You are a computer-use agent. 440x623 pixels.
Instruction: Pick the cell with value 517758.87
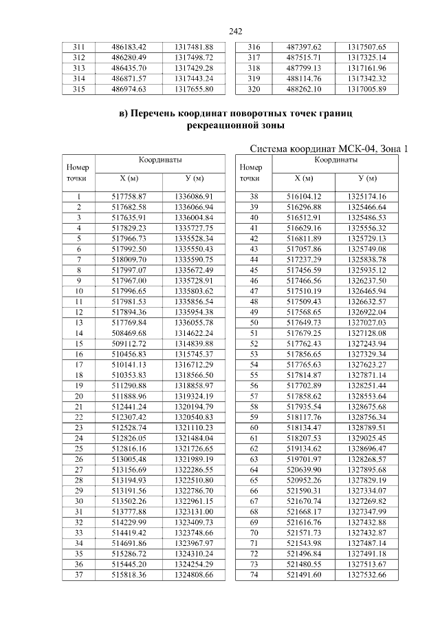click(129, 196)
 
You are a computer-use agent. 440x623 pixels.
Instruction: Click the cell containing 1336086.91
click(195, 196)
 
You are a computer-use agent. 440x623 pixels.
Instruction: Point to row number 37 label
click(78, 574)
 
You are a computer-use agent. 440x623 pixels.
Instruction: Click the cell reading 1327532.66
click(367, 574)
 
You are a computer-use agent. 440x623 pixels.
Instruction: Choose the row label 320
click(254, 89)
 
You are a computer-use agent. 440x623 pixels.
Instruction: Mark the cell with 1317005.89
click(367, 89)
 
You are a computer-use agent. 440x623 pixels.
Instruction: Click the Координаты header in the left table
click(161, 160)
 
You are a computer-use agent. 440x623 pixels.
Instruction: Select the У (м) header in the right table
click(367, 178)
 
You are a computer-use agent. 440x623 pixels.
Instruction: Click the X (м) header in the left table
click(129, 178)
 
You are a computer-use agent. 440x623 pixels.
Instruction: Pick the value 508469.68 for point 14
click(129, 332)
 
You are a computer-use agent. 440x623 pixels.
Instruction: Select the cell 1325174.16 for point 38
click(367, 196)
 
